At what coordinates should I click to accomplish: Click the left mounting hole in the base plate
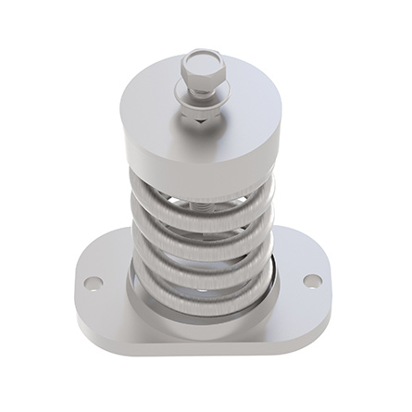90,281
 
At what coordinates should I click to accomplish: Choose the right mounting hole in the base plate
311,279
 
